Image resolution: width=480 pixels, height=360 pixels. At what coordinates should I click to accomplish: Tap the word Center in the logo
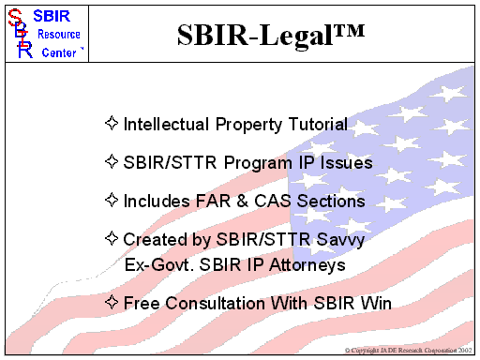[x=60, y=52]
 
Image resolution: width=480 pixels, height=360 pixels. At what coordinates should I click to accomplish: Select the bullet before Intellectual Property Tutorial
[x=112, y=122]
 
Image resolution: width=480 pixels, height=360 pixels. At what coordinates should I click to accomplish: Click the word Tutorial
[x=315, y=124]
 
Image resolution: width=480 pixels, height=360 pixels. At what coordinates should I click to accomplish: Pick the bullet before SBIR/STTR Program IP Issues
[x=112, y=161]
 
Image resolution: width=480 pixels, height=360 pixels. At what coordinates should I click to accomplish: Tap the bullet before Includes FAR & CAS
[x=112, y=200]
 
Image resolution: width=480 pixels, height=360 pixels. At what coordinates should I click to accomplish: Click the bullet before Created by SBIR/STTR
[x=112, y=239]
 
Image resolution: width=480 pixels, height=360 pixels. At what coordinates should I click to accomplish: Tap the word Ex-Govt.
[x=158, y=264]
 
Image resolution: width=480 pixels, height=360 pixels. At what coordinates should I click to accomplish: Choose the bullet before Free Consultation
[x=112, y=302]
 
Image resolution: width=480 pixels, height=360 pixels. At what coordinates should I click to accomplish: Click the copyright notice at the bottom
[x=409, y=349]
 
